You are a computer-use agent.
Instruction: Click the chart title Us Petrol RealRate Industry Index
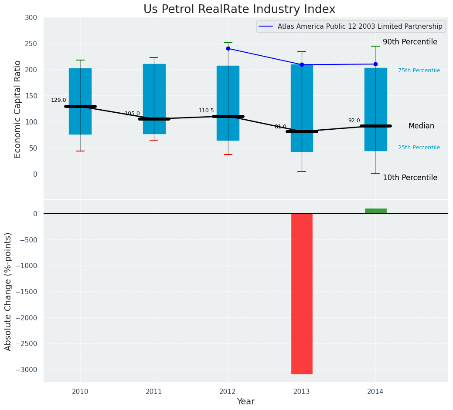point(239,10)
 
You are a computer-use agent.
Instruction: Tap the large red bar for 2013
point(302,293)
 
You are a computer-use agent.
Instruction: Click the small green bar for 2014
point(375,211)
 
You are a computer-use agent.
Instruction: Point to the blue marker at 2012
point(228,48)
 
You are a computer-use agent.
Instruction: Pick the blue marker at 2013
point(302,64)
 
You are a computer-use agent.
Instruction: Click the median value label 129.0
point(58,100)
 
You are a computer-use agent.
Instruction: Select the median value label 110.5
point(206,111)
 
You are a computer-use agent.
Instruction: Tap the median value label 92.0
point(354,121)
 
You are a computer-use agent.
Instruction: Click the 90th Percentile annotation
point(410,42)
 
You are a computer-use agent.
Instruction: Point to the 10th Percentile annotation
point(410,178)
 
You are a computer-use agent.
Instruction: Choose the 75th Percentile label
point(419,71)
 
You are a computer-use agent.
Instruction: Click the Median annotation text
point(421,126)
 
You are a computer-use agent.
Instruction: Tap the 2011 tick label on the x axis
point(154,392)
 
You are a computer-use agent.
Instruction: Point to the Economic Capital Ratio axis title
point(18,109)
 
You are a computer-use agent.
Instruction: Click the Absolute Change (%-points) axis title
point(8,291)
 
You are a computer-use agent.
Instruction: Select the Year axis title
point(245,402)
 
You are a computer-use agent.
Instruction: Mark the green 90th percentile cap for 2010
point(80,60)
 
